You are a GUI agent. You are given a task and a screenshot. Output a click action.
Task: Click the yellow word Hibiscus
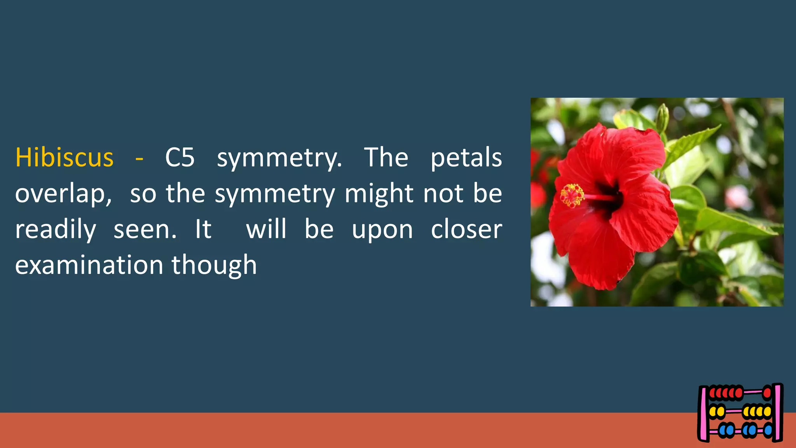coord(64,157)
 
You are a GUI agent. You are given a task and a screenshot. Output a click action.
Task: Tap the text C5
coord(180,157)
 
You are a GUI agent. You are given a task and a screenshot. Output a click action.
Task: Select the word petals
coord(466,157)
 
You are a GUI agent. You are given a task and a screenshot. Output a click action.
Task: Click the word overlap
coord(63,194)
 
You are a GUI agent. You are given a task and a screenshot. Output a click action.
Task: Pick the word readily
coord(56,229)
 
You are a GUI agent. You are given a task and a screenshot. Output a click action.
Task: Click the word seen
coord(145,229)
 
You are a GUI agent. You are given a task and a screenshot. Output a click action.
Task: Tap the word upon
coord(382,229)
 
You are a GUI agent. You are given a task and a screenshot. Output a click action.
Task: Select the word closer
coord(466,229)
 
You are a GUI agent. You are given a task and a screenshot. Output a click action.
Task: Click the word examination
coord(89,265)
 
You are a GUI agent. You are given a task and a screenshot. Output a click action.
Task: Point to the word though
coord(214,265)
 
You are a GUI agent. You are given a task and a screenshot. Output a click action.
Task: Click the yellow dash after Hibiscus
coord(139,158)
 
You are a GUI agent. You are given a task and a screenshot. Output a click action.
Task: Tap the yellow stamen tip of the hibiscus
coord(572,195)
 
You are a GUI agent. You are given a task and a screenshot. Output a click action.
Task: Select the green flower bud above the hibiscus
coord(662,116)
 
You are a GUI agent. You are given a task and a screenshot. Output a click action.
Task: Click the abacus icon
coord(740,413)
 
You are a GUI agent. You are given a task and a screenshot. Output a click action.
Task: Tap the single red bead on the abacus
coord(767,393)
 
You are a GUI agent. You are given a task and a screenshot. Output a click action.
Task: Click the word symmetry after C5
coord(279,157)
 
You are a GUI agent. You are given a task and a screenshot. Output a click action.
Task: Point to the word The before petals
coord(386,157)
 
